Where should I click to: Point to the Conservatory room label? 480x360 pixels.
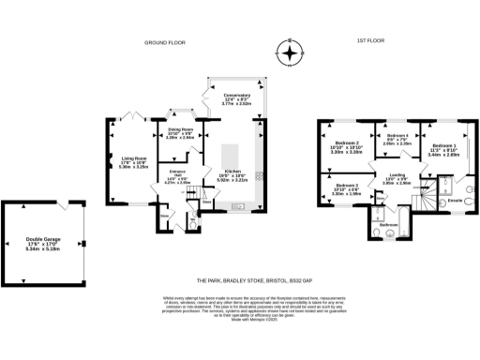pyautogui.click(x=236, y=100)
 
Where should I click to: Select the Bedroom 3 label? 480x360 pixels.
pyautogui.click(x=349, y=191)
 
